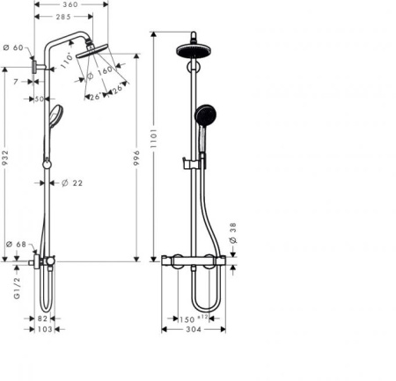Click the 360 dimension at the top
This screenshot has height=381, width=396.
(x=70, y=4)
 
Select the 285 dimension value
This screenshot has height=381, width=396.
(x=63, y=17)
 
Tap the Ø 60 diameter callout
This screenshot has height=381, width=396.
(x=13, y=48)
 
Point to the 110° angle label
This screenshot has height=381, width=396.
(x=67, y=61)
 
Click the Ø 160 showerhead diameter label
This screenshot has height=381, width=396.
(x=99, y=73)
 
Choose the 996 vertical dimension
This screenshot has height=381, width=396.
(x=136, y=158)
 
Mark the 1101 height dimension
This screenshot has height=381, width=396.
(x=154, y=138)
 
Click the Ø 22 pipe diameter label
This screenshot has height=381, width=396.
(x=72, y=183)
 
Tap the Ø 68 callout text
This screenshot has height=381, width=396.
(x=16, y=245)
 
